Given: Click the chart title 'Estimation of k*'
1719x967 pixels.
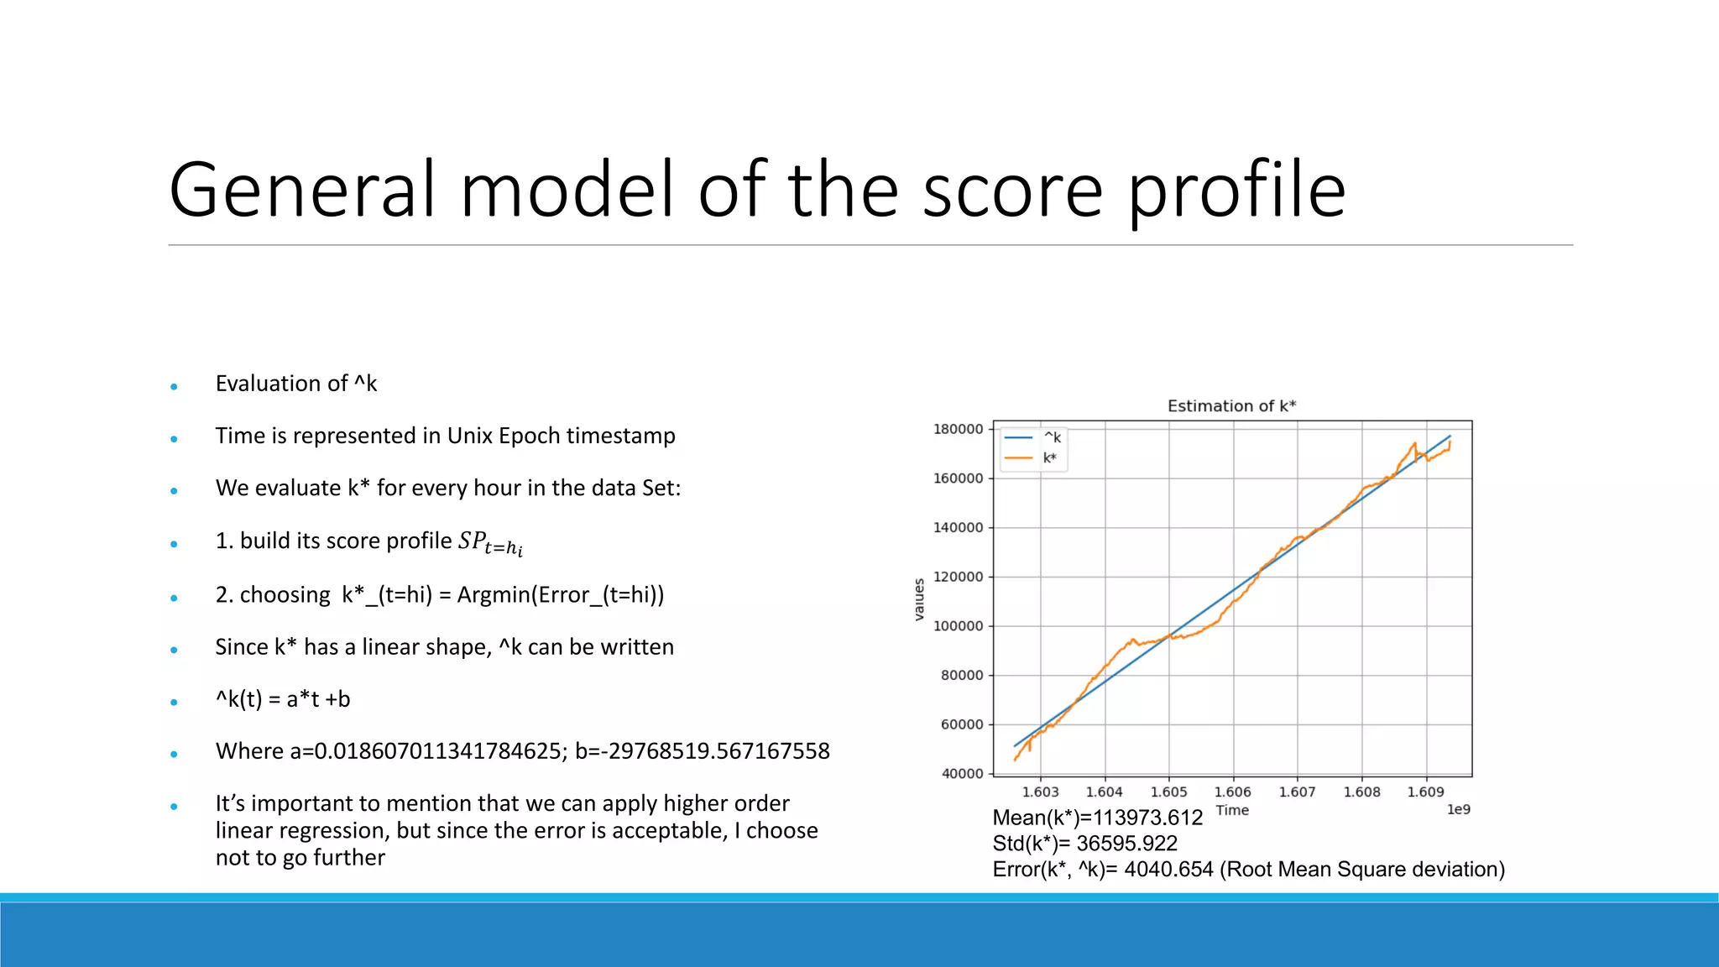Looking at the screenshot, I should (1231, 406).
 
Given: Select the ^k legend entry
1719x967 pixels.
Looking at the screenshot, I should (1053, 437).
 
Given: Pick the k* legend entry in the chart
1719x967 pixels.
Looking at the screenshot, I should (1050, 458).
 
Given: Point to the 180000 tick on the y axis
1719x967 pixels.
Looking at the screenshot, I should (958, 429).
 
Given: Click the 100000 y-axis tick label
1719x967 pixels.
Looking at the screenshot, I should (958, 626).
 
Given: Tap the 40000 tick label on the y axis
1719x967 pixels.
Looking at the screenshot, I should (962, 774).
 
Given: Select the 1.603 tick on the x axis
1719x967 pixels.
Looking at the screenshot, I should (1040, 792).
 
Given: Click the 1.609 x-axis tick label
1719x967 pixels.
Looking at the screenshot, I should (1425, 792).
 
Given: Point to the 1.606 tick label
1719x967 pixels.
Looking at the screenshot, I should (1232, 792).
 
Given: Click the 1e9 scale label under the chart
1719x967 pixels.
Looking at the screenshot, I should (1458, 809).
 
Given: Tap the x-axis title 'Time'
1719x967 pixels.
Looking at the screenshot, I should (1232, 810).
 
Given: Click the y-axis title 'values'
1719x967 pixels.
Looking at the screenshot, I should (919, 599).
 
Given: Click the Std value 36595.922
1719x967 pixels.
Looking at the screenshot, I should (1126, 844).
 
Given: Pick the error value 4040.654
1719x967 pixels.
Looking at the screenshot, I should (1168, 870).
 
